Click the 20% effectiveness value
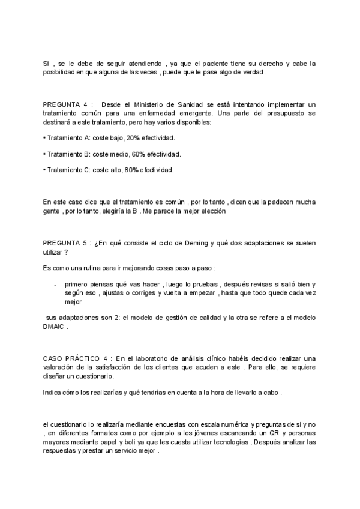133,138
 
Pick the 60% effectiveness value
139,154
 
